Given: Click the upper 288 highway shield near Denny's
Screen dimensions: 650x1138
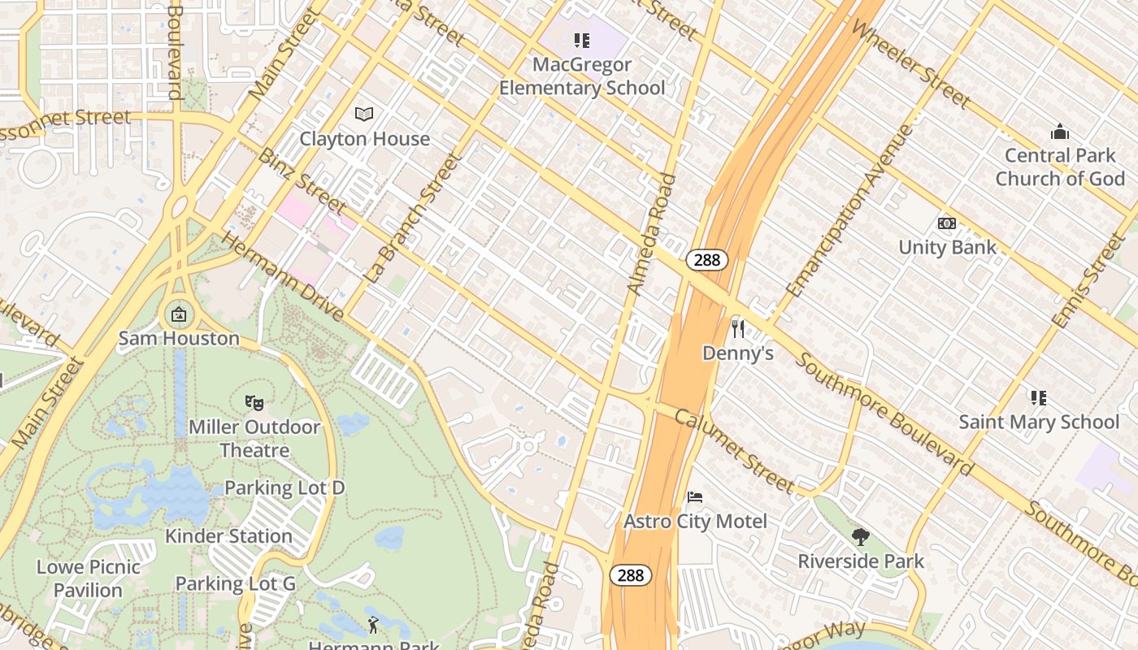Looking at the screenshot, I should click(x=706, y=260).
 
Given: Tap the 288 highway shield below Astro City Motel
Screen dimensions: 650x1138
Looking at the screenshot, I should click(x=630, y=575).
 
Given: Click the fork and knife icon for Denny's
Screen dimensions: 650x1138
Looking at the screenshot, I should click(x=738, y=328).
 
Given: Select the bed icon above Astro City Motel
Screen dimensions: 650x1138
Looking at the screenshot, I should click(x=694, y=496).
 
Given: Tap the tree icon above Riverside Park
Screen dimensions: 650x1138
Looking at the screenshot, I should click(x=860, y=536).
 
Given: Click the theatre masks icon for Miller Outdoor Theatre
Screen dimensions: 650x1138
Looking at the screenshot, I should click(x=254, y=401).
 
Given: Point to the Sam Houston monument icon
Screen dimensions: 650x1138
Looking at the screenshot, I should click(x=179, y=314).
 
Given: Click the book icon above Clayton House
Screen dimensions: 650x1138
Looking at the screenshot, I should click(x=364, y=115).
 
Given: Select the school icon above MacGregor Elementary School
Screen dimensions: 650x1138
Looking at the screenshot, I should click(x=581, y=40).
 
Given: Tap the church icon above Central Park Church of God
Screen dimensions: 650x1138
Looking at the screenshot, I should click(x=1059, y=131).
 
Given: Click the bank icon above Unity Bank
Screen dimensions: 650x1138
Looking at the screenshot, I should click(x=947, y=223).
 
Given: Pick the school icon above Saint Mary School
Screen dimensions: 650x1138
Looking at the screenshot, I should click(x=1038, y=397).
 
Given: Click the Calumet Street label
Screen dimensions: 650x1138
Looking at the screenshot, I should click(x=734, y=451).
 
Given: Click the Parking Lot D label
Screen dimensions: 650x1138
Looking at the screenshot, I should click(x=284, y=487).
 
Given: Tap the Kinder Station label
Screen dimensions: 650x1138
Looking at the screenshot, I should click(x=228, y=536).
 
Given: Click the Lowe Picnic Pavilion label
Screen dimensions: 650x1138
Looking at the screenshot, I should click(x=89, y=578).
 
